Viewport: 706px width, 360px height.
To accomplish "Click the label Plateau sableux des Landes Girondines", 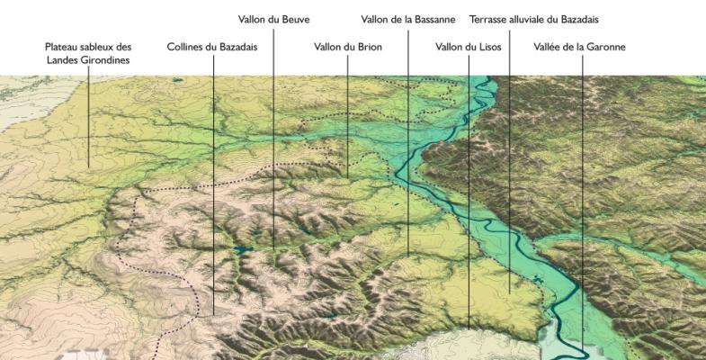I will pos(88,53).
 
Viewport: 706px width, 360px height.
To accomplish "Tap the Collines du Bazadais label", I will pos(212,46).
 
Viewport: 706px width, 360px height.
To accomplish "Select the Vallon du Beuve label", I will pos(273,19).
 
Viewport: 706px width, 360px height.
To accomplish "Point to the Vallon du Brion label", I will pos(348,46).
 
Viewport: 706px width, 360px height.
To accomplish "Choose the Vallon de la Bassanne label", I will pos(407,19).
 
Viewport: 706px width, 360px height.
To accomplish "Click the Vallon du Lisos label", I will pos(468,46).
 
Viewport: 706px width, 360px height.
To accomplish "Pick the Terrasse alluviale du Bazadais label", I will pos(533,19).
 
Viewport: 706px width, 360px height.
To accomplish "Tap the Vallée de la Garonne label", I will pos(579,46).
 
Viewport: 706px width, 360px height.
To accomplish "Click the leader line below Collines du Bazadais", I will pos(213,180).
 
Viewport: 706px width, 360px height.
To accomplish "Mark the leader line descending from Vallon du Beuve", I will pos(273,135).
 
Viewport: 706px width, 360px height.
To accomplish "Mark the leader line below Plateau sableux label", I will pos(88,117).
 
